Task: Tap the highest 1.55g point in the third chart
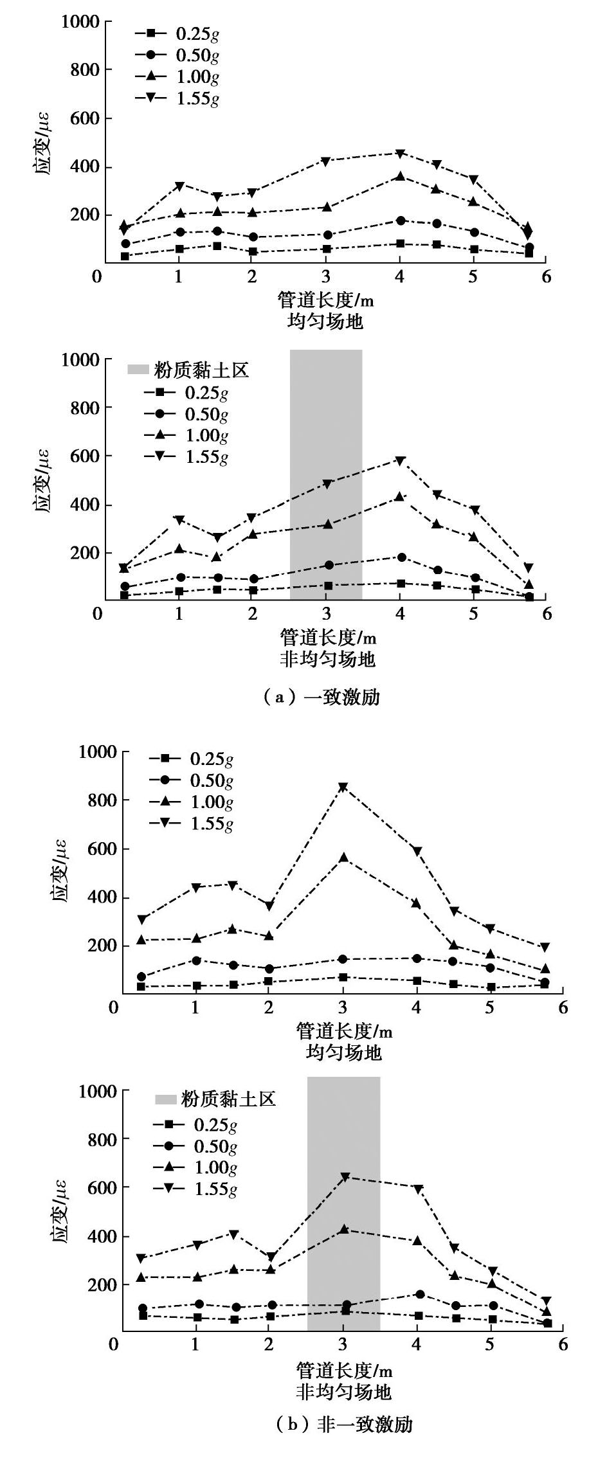[343, 787]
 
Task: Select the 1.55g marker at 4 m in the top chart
[400, 154]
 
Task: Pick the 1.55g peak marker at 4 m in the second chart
[400, 460]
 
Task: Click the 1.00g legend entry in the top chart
[177, 77]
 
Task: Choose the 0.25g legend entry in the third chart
[190, 759]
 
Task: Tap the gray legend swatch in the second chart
[139, 370]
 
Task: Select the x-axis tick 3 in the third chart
[343, 1007]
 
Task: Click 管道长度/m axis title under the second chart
[328, 638]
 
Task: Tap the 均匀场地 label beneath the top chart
[325, 321]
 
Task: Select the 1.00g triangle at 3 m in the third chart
[343, 857]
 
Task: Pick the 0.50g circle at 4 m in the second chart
[400, 557]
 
